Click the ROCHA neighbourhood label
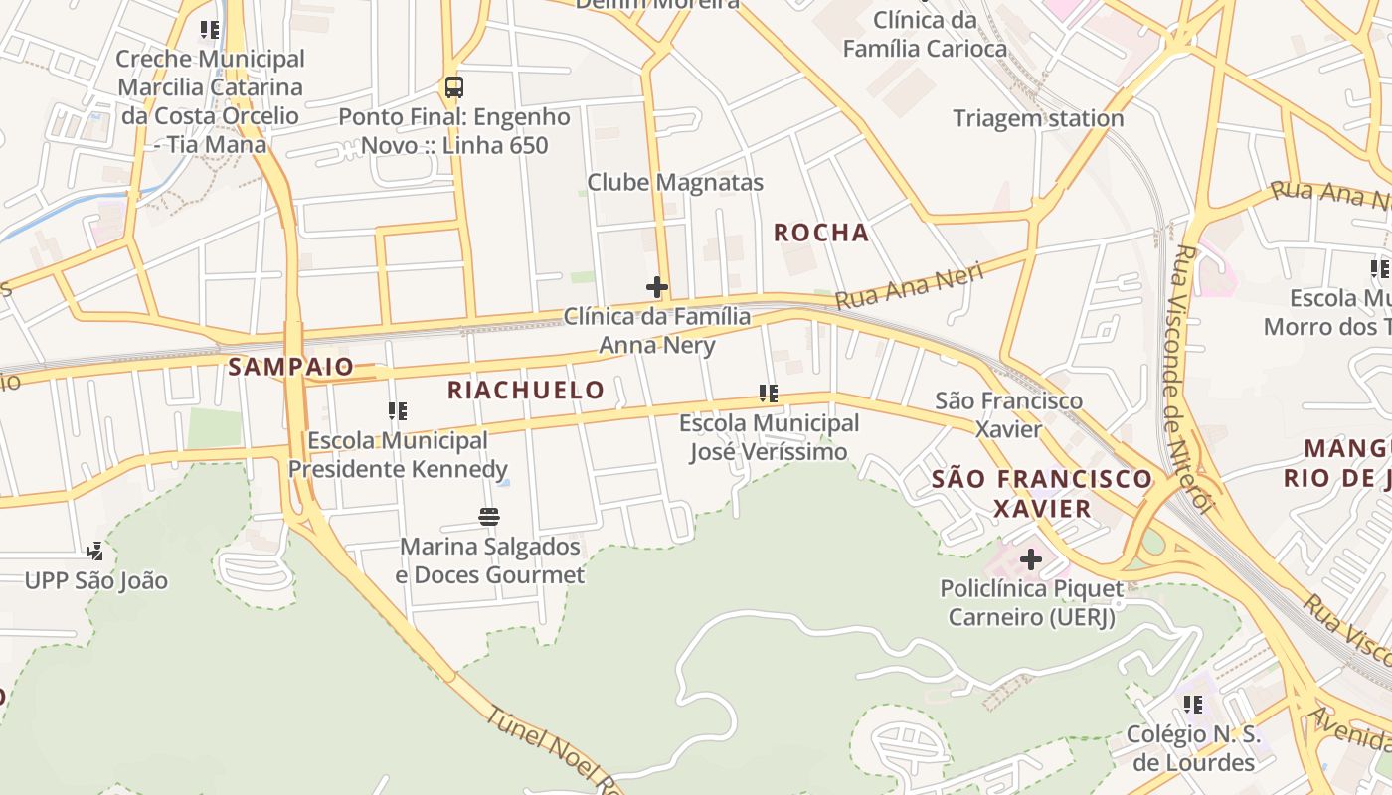(821, 233)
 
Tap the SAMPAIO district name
(290, 367)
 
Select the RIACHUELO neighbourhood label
(526, 390)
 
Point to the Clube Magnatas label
(675, 182)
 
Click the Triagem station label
(1038, 118)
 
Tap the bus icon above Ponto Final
(454, 87)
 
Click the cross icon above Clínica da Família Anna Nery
(657, 288)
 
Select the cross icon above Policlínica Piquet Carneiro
(1031, 559)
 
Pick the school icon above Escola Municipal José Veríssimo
(769, 395)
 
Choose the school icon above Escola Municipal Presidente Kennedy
(398, 411)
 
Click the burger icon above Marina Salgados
(489, 517)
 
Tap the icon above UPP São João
(95, 551)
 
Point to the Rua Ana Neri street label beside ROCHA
(909, 286)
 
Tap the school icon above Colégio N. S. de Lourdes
(1193, 705)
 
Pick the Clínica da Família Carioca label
(925, 34)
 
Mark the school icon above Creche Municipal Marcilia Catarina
(210, 30)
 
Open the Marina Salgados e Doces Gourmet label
(490, 560)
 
